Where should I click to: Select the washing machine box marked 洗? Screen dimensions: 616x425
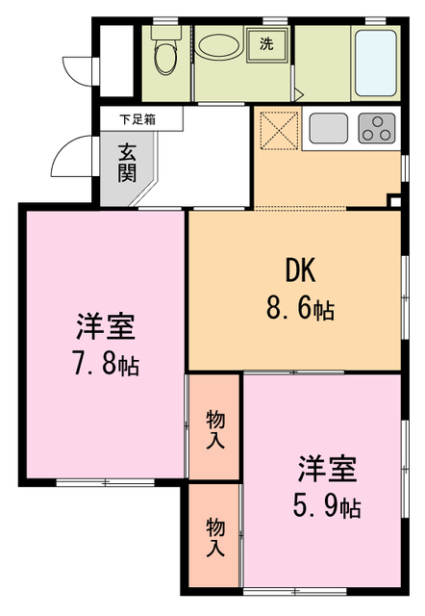265,42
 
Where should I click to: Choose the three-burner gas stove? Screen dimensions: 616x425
377,127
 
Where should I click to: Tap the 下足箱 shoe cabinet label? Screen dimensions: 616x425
137,119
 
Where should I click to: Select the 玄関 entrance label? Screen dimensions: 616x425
127,163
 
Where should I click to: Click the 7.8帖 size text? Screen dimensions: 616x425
106,366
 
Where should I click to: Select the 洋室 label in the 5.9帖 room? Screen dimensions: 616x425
327,469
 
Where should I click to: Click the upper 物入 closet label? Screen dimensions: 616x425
214,429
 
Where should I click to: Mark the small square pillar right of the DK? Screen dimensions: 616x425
394,200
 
